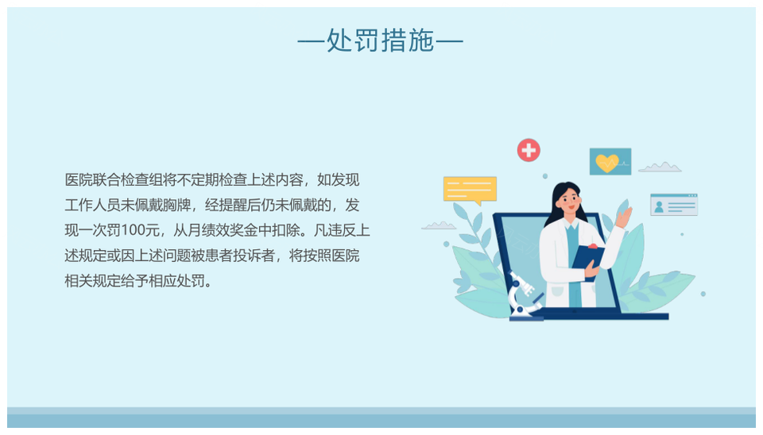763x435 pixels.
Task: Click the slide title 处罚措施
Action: (380, 40)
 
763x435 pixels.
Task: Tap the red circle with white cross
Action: (529, 150)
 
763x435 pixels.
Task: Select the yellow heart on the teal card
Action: (606, 163)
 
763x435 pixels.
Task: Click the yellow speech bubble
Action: (470, 190)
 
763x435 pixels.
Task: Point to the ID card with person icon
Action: (674, 205)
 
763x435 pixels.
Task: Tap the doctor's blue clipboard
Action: (587, 263)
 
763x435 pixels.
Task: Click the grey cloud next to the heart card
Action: (660, 167)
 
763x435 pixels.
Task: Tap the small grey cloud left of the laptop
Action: (439, 225)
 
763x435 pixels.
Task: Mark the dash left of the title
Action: (311, 41)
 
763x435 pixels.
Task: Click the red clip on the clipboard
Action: (592, 247)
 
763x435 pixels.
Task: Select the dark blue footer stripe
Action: (381, 421)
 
